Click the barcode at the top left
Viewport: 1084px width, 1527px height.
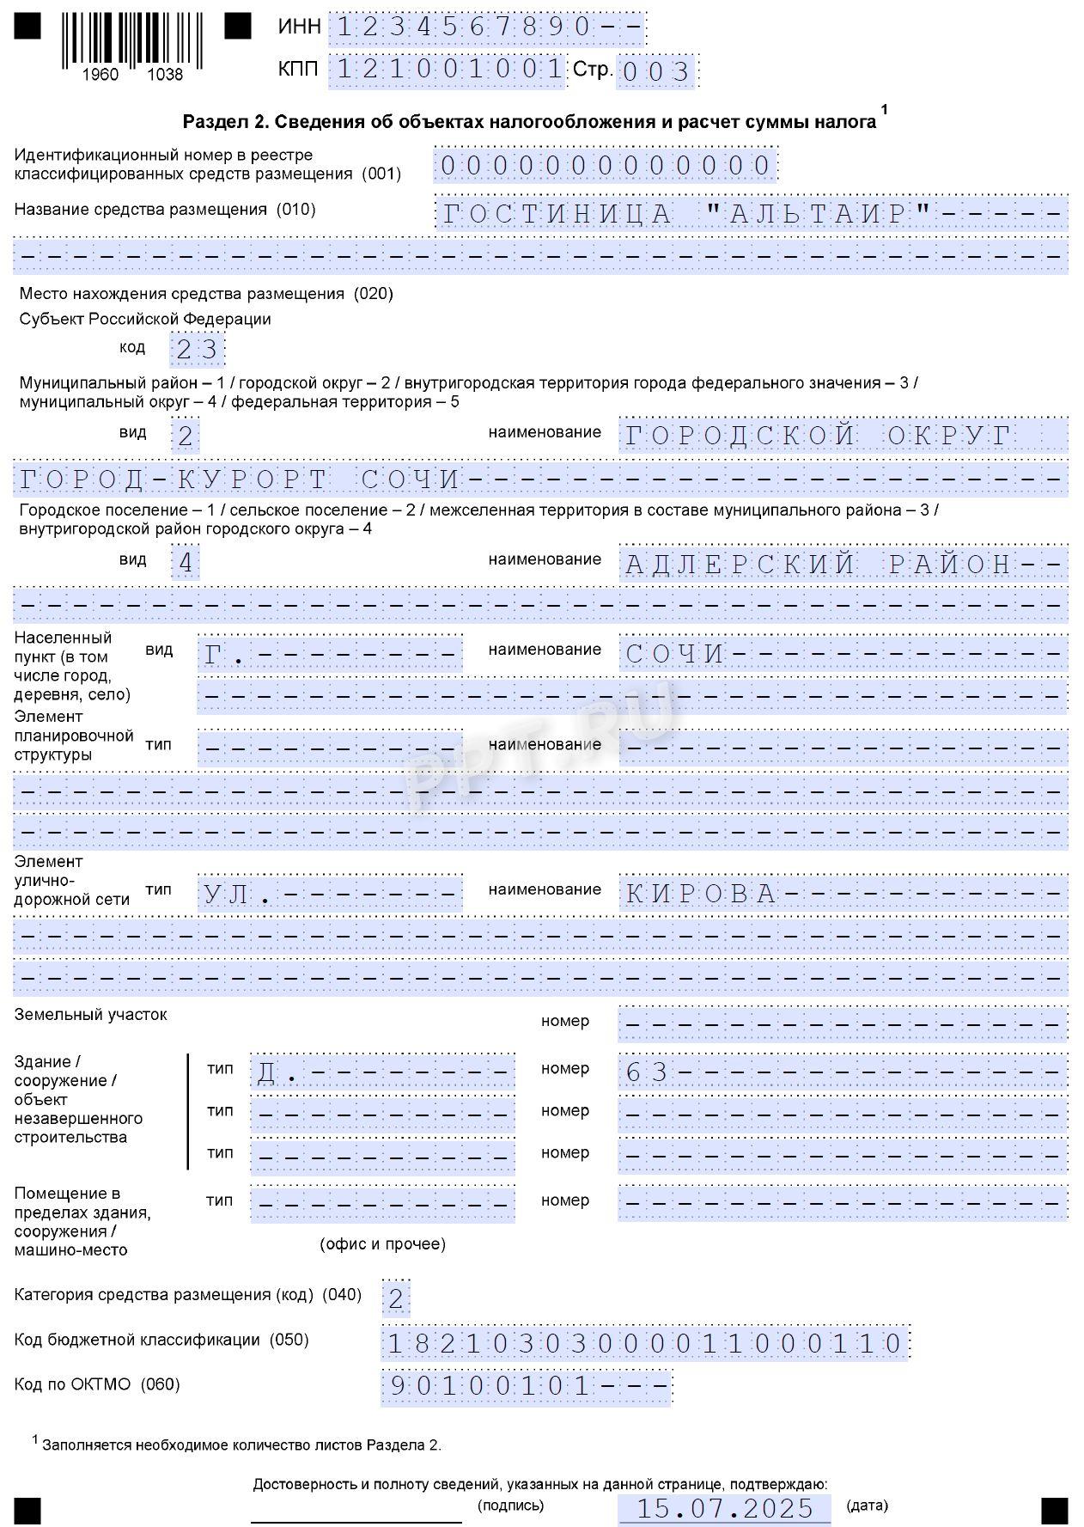(131, 41)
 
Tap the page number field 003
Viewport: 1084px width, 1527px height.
(657, 71)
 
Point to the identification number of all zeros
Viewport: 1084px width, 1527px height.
(606, 165)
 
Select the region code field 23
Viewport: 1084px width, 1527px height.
(198, 350)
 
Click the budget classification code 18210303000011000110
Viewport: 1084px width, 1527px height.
(644, 1343)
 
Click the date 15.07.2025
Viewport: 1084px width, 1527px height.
(724, 1508)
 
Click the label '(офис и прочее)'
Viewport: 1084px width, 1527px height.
(382, 1243)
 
